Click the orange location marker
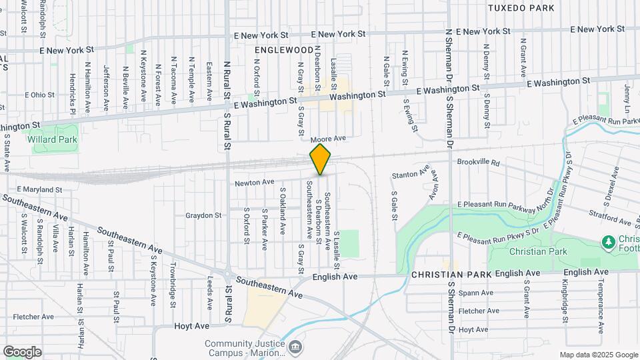[321, 159]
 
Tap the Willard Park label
[53, 140]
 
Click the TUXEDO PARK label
[521, 8]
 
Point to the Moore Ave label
[329, 138]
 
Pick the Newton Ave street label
[254, 182]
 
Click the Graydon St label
[203, 215]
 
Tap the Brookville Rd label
[478, 162]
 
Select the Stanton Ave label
[410, 175]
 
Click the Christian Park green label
[528, 251]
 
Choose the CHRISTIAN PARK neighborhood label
[451, 274]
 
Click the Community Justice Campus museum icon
[295, 347]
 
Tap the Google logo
[22, 351]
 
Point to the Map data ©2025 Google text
[598, 355]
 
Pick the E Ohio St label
[40, 95]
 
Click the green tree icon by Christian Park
[607, 241]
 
